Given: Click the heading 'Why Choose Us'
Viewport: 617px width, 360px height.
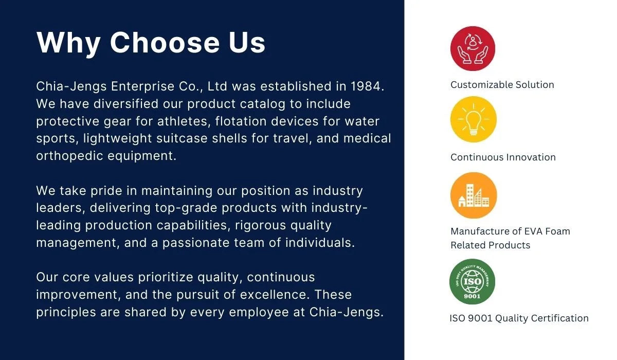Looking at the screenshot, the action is coord(151,43).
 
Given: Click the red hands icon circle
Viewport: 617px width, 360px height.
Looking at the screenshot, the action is coord(473,48).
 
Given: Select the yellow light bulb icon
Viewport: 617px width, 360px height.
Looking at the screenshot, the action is coord(474,119).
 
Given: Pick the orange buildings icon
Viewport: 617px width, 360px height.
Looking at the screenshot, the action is coord(474,195).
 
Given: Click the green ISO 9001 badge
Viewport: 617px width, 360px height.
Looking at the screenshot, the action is coord(472,281).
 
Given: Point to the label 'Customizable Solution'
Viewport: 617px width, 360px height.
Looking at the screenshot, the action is coord(502,85).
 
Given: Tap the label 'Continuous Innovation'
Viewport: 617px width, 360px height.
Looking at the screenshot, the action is coord(503,157).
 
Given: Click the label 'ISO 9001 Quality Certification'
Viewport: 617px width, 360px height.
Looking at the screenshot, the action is coord(519,318).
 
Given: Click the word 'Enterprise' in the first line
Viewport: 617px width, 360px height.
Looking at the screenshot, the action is coord(143,87).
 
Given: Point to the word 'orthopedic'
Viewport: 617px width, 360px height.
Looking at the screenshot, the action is coord(69,156).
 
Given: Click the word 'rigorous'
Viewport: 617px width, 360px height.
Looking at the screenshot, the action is coord(260,226).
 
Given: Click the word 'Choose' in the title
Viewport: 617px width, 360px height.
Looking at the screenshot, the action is coord(165,43).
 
